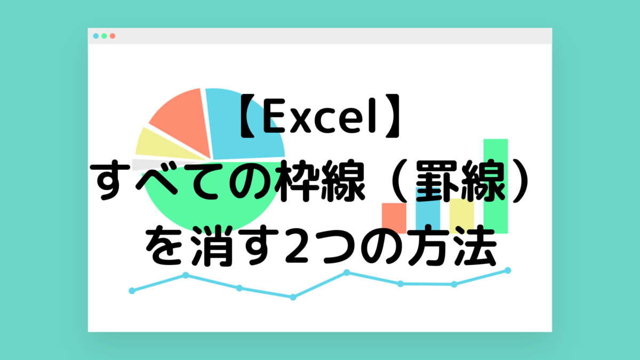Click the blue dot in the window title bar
click(96, 36)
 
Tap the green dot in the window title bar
click(105, 36)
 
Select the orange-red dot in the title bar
click(113, 36)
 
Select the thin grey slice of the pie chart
click(154, 164)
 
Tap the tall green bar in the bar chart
click(495, 186)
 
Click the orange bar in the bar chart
click(394, 218)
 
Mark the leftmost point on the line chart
click(132, 291)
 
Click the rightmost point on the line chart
click(508, 270)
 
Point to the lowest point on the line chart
click(293, 298)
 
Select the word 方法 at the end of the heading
click(451, 246)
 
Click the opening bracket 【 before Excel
click(247, 116)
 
